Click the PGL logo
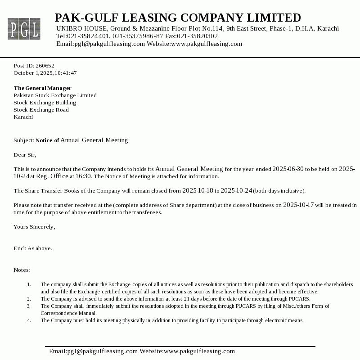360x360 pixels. click(x=24, y=29)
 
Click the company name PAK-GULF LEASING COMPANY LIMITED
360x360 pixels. click(x=178, y=18)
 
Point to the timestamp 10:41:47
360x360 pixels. click(x=66, y=73)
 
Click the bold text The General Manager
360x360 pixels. click(x=42, y=88)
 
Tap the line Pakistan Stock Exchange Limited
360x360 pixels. click(x=55, y=95)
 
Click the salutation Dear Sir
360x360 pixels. click(x=24, y=155)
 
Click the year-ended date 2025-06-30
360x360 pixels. click(x=288, y=169)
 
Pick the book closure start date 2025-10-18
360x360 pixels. click(x=198, y=191)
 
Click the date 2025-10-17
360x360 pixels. click(x=298, y=205)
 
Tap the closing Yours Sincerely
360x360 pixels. click(x=34, y=227)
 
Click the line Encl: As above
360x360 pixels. click(x=33, y=248)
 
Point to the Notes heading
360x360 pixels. click(x=22, y=270)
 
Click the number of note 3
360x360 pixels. click(x=29, y=306)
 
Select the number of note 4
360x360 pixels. click(x=29, y=320)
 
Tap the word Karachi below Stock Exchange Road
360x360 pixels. click(x=23, y=117)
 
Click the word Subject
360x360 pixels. click(x=23, y=140)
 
